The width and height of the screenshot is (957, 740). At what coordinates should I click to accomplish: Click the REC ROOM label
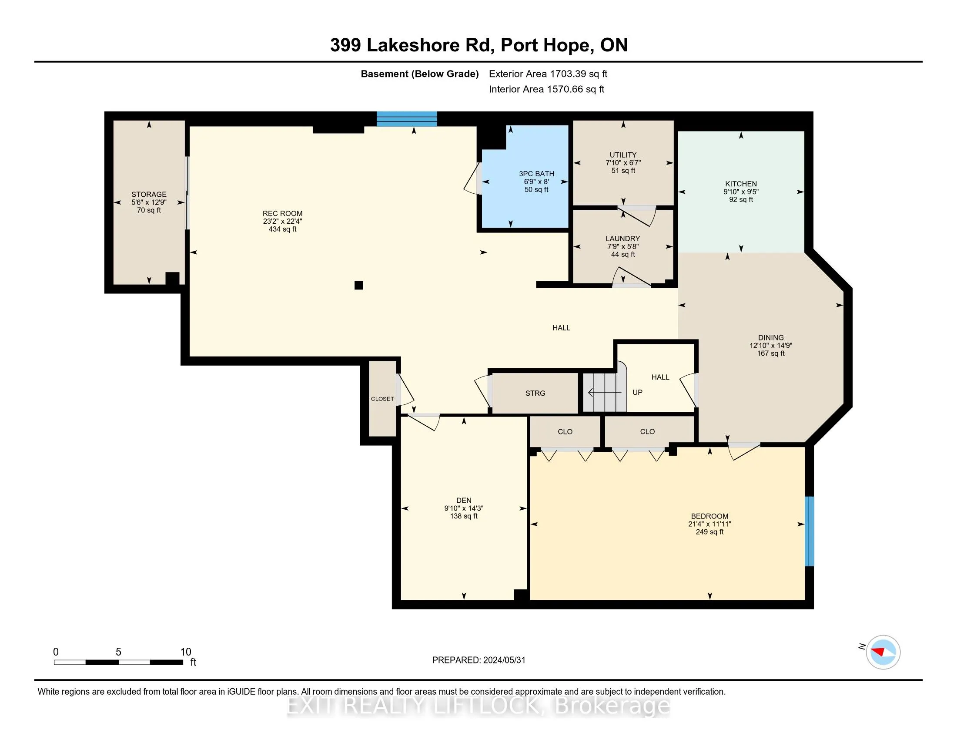point(282,213)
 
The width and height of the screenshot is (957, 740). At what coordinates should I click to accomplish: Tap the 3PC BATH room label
point(536,174)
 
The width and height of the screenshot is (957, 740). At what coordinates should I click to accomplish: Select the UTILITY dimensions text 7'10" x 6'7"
point(623,163)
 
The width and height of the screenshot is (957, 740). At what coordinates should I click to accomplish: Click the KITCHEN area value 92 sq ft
point(741,199)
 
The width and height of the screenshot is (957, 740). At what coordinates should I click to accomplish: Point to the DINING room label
point(771,337)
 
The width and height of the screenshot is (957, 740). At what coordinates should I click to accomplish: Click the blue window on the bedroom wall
point(810,531)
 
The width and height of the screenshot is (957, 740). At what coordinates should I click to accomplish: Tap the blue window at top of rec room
point(407,119)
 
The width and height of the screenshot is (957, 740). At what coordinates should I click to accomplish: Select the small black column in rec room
point(359,286)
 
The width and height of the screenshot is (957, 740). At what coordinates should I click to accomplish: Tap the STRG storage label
point(535,393)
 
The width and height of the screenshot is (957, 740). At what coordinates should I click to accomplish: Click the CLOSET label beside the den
point(382,399)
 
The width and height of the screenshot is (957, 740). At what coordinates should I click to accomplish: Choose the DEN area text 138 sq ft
point(464,516)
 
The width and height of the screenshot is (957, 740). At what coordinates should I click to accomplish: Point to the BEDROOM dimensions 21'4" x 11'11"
point(709,524)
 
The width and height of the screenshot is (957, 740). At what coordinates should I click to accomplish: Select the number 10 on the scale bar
point(186,652)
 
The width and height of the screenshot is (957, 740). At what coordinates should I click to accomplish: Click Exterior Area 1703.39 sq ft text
point(548,74)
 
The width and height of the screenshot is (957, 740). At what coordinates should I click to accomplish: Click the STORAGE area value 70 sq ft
point(148,210)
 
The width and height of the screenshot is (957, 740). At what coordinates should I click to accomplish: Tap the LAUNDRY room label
point(622,239)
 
